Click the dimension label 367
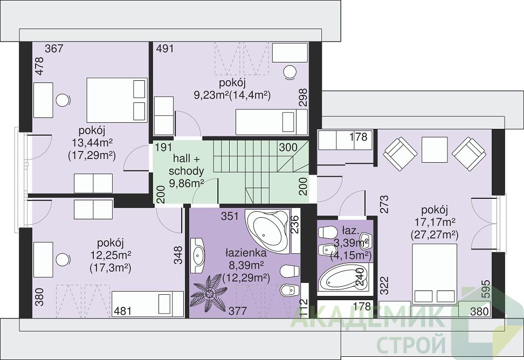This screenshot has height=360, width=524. (x=54, y=49)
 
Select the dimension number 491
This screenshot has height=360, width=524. (x=165, y=49)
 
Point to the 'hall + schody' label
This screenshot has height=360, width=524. (x=186, y=164)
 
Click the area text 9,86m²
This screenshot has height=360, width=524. (x=187, y=183)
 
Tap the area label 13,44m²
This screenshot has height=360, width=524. (x=92, y=143)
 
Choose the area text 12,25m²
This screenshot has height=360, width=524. (x=111, y=255)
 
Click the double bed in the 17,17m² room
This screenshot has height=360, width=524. (x=435, y=274)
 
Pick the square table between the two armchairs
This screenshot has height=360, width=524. (x=435, y=150)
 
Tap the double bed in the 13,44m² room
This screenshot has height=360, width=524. (x=117, y=100)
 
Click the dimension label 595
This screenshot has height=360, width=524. (x=486, y=289)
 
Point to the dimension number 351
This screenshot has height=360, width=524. (x=230, y=217)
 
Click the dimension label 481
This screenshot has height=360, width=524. (x=123, y=311)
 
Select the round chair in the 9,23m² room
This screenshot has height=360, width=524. (x=290, y=72)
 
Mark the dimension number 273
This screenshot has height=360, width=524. (x=385, y=204)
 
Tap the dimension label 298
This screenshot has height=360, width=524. (x=303, y=97)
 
